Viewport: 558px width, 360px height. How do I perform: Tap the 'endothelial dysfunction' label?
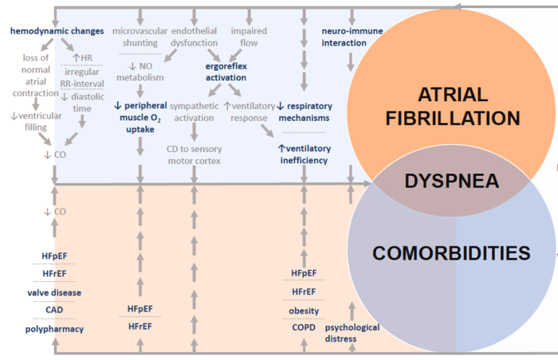click(x=195, y=37)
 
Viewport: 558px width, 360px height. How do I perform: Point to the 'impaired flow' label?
click(x=249, y=37)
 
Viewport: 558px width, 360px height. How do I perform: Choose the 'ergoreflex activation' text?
click(x=224, y=72)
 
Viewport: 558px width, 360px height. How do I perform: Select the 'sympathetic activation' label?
click(x=194, y=111)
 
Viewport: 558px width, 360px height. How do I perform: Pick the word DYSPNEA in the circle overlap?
click(x=451, y=181)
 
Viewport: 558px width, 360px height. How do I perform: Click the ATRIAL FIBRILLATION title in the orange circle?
click(x=451, y=107)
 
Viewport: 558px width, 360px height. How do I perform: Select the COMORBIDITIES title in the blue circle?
click(x=451, y=253)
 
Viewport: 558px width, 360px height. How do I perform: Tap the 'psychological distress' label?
click(x=352, y=332)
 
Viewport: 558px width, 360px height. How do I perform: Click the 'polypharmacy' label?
click(x=54, y=328)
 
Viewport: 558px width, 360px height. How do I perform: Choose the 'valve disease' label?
click(x=54, y=292)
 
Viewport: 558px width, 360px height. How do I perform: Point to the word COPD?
click(x=303, y=327)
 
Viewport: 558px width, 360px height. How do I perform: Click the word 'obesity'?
click(x=303, y=310)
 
